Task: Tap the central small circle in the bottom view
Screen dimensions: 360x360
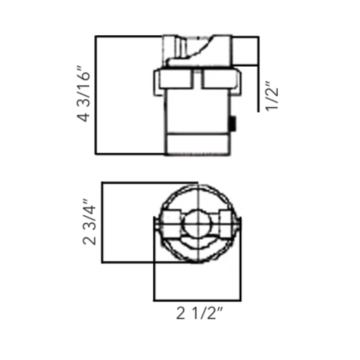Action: click(x=196, y=224)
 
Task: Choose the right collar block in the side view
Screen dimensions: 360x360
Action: click(x=220, y=79)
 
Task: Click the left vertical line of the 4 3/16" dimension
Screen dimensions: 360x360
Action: click(x=95, y=95)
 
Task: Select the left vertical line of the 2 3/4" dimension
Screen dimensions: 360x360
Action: click(x=103, y=223)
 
